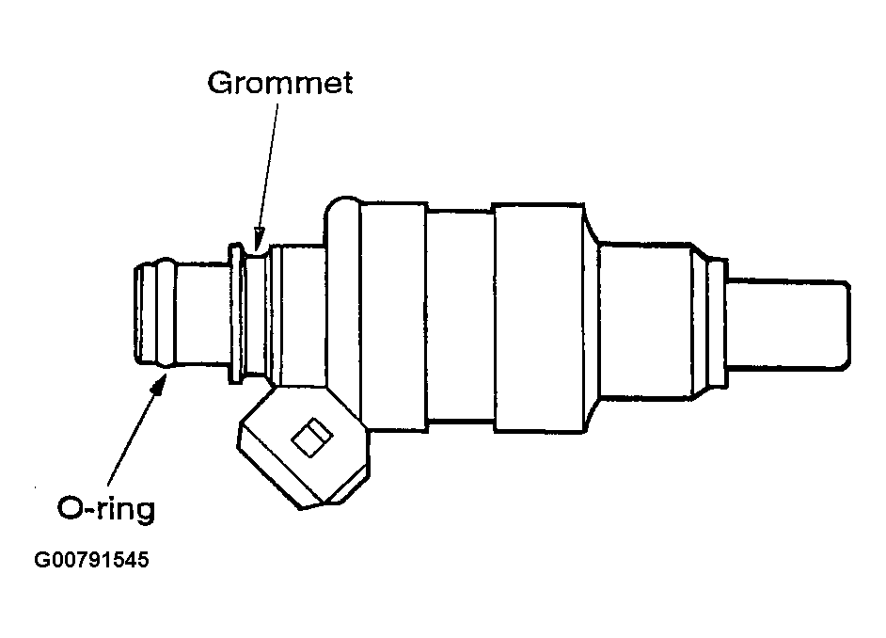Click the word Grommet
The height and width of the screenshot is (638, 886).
coord(279,83)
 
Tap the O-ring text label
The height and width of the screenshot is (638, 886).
coord(105,509)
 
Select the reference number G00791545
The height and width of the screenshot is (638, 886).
coord(91,562)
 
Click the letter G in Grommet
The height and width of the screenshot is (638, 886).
coord(219,83)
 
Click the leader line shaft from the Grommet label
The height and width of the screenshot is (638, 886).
coord(269,160)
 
